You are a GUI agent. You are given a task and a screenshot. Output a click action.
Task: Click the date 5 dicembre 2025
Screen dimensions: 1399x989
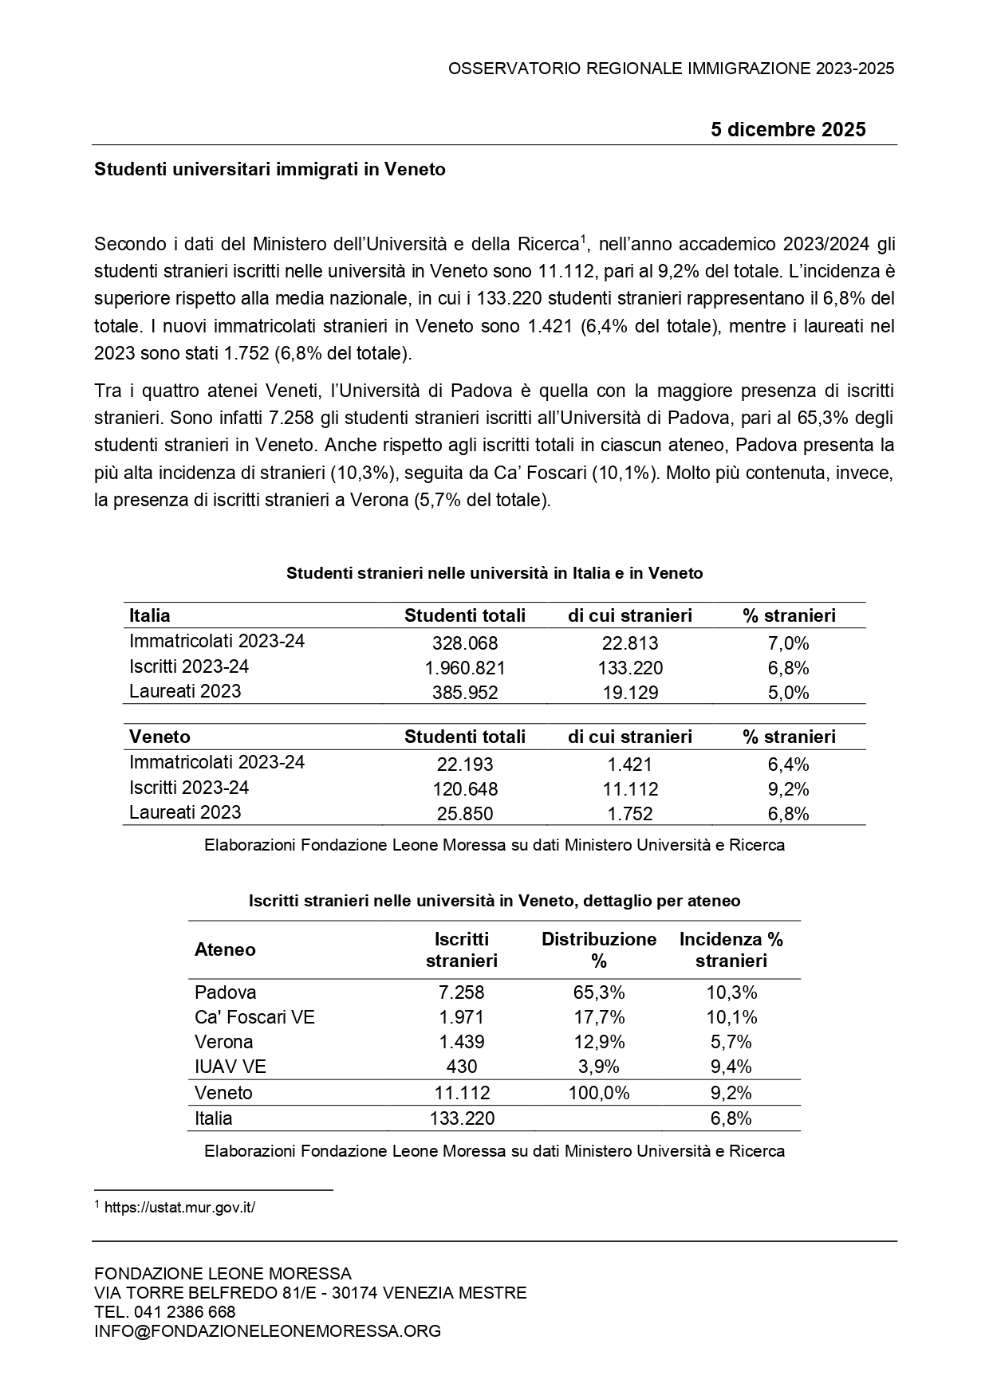(787, 130)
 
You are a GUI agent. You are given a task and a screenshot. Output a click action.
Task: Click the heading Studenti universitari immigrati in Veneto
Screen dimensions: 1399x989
(270, 170)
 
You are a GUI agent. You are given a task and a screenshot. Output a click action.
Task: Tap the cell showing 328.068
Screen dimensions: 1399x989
(464, 643)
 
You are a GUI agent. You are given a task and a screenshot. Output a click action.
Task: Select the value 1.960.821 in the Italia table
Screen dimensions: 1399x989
(464, 668)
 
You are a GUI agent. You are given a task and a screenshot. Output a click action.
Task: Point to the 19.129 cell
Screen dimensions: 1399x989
(629, 693)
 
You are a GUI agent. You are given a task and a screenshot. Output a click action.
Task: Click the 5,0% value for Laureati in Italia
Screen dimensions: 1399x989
(788, 693)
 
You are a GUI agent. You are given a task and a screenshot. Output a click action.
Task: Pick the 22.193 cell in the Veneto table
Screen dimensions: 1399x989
(464, 764)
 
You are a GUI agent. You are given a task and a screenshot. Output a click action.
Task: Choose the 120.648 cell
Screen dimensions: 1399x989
(464, 789)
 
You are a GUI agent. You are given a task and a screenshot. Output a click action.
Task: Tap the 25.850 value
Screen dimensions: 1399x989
(464, 814)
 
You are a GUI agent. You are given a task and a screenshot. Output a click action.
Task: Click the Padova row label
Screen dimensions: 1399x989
(226, 992)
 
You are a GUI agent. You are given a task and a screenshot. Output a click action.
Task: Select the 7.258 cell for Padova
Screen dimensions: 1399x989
(461, 992)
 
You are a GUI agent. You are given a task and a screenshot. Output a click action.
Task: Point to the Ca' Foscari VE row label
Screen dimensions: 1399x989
(254, 1017)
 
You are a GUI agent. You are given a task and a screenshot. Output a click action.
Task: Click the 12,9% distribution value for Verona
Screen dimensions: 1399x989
(598, 1042)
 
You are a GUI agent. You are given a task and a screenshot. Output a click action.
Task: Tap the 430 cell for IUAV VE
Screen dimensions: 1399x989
(461, 1067)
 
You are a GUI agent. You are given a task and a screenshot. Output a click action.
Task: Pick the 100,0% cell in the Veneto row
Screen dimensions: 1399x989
(598, 1093)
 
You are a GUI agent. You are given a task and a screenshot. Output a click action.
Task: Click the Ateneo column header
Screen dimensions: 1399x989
(225, 949)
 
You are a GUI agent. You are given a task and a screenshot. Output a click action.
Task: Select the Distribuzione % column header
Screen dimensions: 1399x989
(598, 949)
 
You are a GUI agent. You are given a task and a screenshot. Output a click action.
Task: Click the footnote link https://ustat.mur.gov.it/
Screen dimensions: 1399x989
(179, 1208)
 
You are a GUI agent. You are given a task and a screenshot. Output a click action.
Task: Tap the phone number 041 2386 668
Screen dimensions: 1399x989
(184, 1312)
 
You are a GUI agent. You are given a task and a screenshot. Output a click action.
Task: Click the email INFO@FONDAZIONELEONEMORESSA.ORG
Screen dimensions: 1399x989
(267, 1331)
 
